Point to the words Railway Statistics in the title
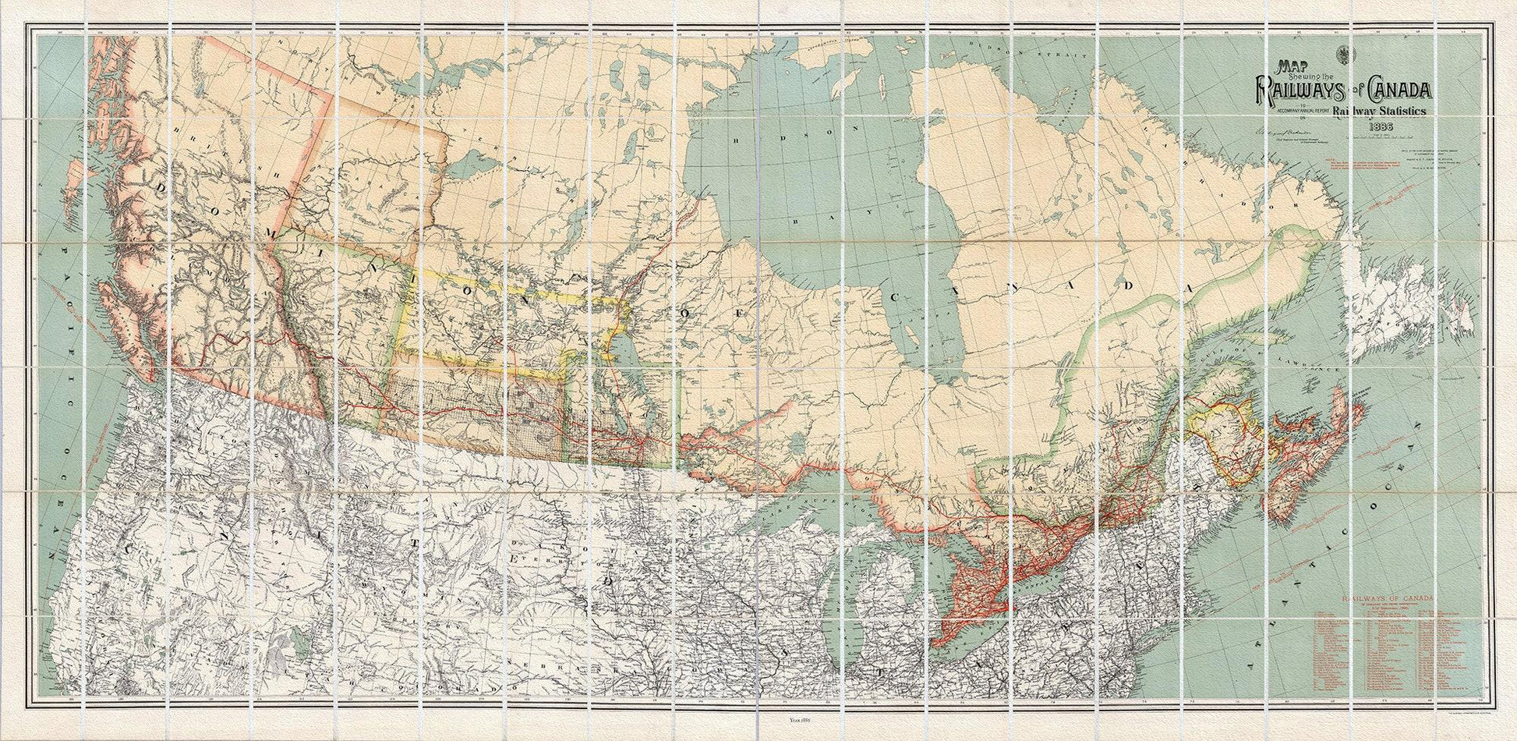1379,112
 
